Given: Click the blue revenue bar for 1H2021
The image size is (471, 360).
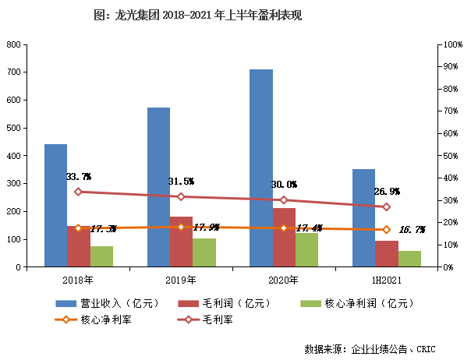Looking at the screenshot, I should coord(363,217).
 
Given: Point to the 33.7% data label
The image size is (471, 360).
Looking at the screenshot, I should coord(79,177).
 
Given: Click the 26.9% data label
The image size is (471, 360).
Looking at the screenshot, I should coord(387,191).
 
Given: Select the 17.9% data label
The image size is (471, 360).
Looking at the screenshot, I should coord(206,228).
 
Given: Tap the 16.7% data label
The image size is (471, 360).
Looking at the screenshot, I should coord(412,230).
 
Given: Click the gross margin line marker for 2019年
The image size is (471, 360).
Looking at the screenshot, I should coord(181,196).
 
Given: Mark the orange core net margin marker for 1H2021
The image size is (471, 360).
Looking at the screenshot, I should coord(386,230).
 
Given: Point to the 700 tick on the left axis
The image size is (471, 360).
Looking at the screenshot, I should coord(12,72).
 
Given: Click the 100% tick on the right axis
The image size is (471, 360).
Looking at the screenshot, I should coord(454,45).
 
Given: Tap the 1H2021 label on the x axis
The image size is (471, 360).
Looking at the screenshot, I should coord(387,279).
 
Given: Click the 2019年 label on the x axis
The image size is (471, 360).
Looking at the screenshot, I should coord(181,279).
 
